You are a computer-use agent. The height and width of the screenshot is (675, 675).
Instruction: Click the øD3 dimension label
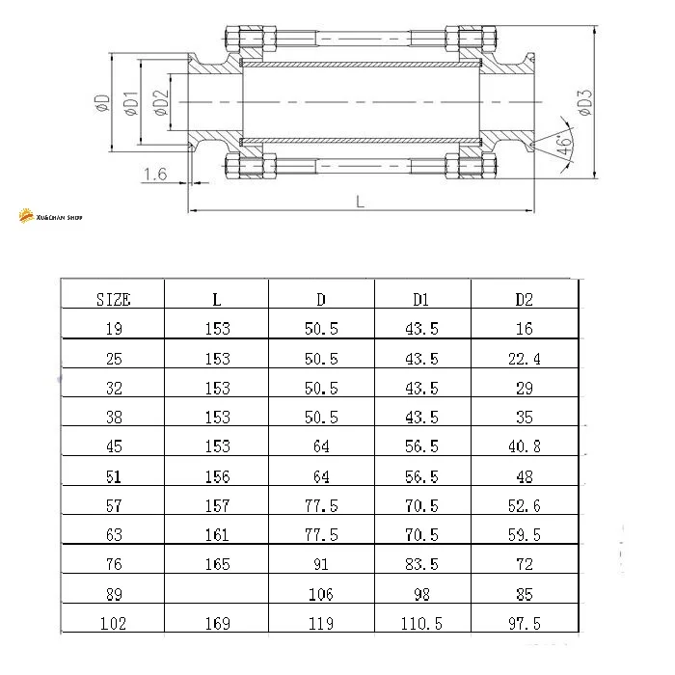(585, 102)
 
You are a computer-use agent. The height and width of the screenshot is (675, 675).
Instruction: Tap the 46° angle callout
(563, 146)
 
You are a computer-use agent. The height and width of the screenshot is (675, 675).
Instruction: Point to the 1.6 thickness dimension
(155, 174)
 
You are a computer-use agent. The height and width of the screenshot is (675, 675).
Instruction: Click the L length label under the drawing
(361, 202)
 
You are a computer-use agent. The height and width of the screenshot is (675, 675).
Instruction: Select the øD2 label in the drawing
(161, 103)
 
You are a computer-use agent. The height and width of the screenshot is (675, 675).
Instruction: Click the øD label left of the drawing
(102, 103)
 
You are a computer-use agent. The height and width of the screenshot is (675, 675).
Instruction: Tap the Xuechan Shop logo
(50, 216)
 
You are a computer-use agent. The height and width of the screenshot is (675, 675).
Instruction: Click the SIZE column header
(113, 300)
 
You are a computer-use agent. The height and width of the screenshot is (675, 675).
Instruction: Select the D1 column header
(421, 300)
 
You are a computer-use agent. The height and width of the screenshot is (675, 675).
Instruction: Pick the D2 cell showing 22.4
(525, 359)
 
